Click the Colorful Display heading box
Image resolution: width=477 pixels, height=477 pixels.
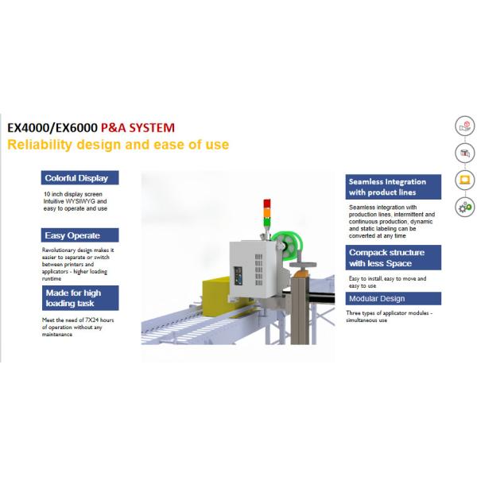79,178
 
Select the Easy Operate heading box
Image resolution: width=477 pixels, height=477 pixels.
79,235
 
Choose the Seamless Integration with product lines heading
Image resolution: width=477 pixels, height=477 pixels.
393,187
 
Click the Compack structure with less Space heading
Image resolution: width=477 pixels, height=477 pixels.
393,258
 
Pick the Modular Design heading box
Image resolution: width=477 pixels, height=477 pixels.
393,299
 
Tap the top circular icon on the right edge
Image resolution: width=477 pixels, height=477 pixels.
464,126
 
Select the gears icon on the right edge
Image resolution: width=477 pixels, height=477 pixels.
464,207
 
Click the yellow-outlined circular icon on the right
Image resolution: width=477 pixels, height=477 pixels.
464,180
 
